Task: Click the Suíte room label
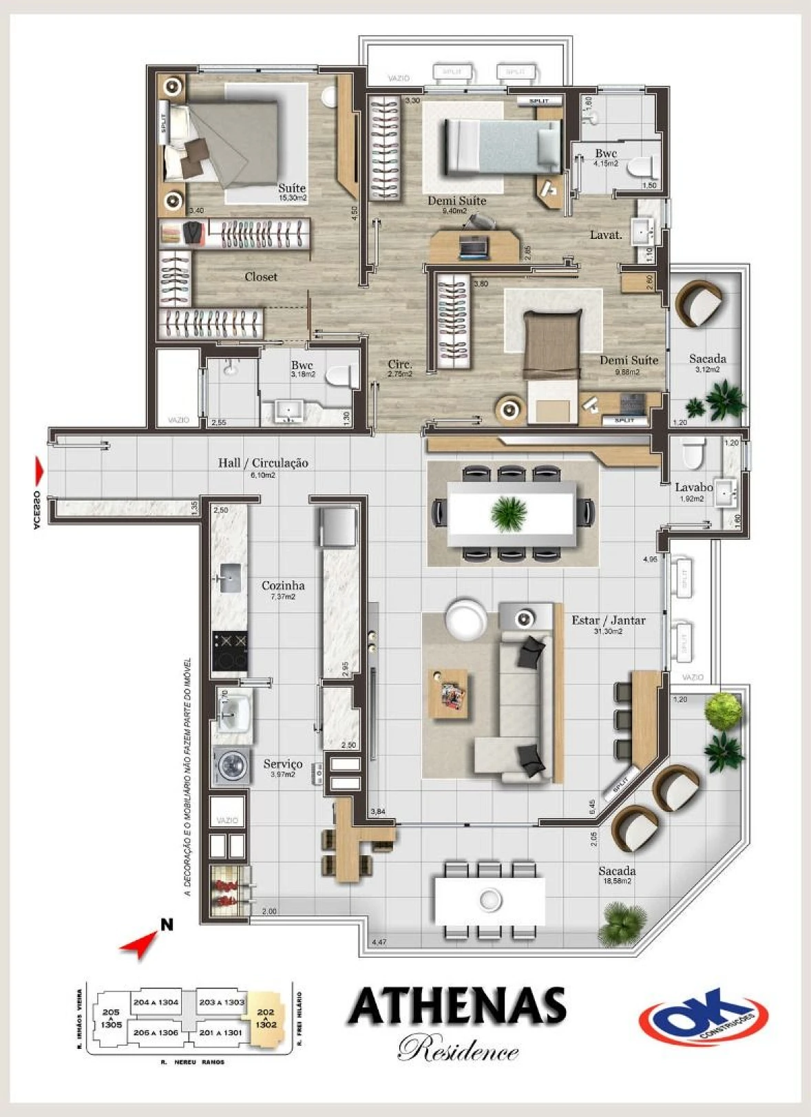pyautogui.click(x=292, y=188)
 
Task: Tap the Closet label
pyautogui.click(x=261, y=277)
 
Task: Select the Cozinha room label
pyautogui.click(x=283, y=585)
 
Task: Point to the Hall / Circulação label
pyautogui.click(x=263, y=463)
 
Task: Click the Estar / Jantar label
pyautogui.click(x=609, y=620)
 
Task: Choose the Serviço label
pyautogui.click(x=283, y=764)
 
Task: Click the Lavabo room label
pyautogui.click(x=693, y=487)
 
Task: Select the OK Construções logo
pyautogui.click(x=704, y=1016)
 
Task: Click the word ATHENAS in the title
pyautogui.click(x=457, y=1007)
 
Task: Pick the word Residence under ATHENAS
pyautogui.click(x=458, y=1050)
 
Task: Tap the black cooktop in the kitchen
pyautogui.click(x=229, y=651)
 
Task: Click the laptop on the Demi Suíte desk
pyautogui.click(x=473, y=247)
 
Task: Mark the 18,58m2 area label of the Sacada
pyautogui.click(x=618, y=881)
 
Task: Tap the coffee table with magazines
pyautogui.click(x=448, y=694)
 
